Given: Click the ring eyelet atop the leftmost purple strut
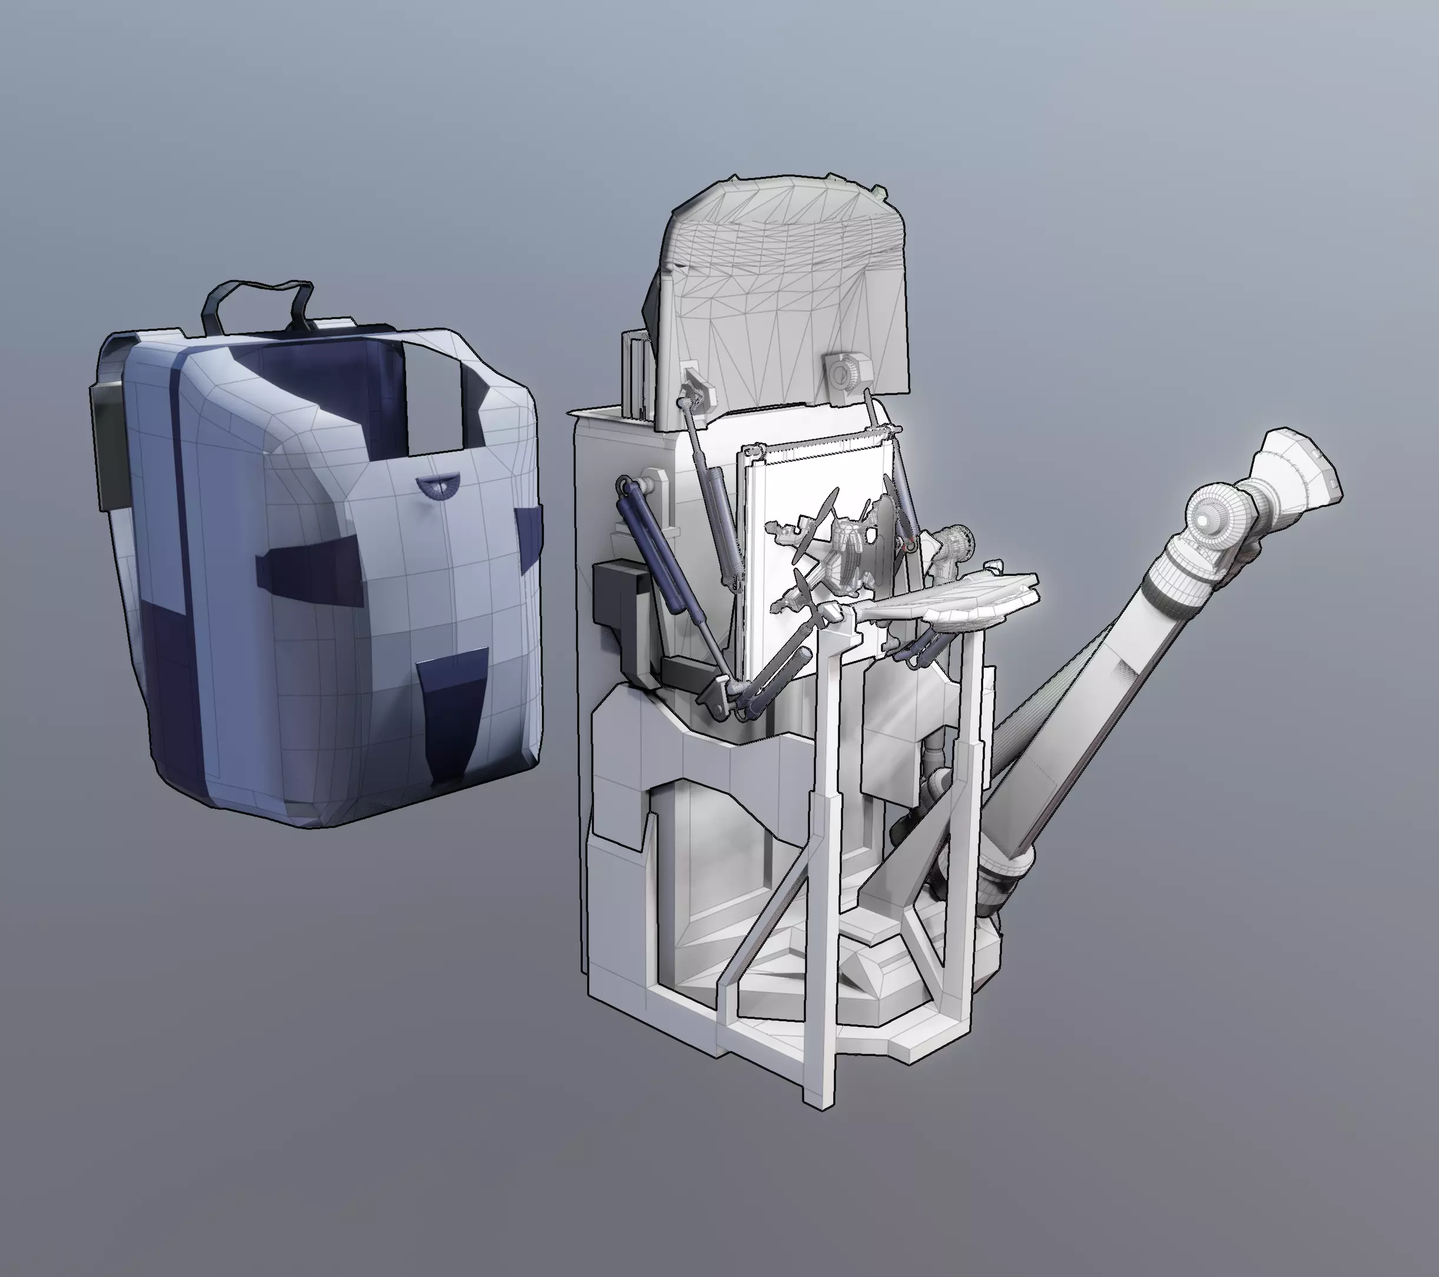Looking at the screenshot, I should pos(623,484).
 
